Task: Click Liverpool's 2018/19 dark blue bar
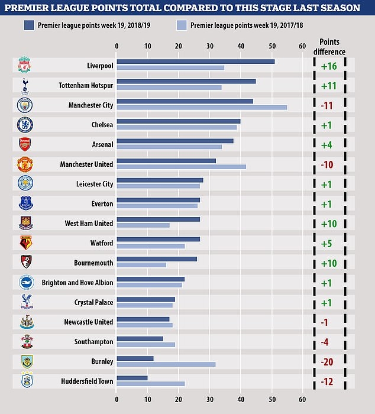coord(195,62)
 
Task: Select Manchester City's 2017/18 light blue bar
coord(202,107)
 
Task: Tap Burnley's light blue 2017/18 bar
coord(166,364)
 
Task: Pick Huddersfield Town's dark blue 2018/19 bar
coord(132,378)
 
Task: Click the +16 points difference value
coord(329,65)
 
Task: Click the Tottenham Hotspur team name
coord(86,85)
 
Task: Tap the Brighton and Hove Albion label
coord(77,283)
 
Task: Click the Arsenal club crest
coord(25,144)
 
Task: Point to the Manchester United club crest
coord(25,164)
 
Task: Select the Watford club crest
coord(25,242)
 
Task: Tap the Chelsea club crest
coord(25,124)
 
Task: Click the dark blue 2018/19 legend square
coord(28,25)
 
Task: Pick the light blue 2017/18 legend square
coord(180,25)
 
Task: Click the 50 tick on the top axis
coord(271,46)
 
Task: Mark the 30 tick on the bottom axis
coord(209,400)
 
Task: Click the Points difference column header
coord(332,47)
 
